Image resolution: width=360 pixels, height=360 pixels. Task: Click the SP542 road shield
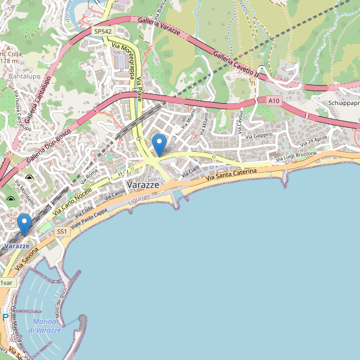tap(103, 31)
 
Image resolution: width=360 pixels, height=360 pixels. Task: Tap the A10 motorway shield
tap(274, 101)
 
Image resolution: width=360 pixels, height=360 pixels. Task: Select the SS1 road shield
tap(62, 232)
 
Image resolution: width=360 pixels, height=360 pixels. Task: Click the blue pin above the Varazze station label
tap(25, 224)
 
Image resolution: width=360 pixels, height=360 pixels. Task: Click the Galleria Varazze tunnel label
tap(160, 25)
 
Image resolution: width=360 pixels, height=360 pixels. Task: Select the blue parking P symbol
tap(5, 317)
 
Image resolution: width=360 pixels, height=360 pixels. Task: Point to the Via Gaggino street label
tap(259, 136)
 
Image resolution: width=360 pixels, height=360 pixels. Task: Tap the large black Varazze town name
tap(143, 185)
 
